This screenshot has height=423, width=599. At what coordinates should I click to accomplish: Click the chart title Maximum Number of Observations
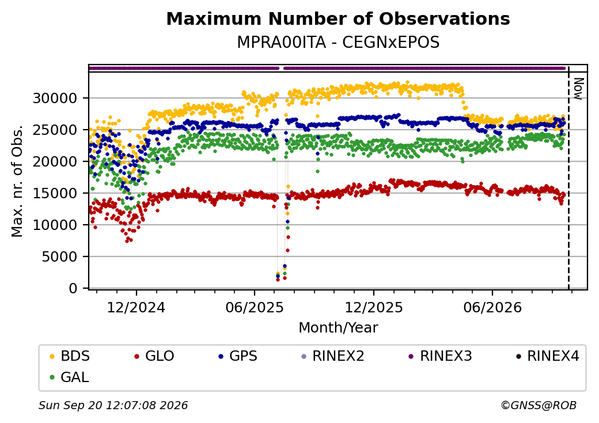pyautogui.click(x=338, y=18)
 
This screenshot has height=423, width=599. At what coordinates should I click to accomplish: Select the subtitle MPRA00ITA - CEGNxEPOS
pyautogui.click(x=338, y=42)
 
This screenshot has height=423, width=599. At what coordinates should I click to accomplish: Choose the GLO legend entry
pyautogui.click(x=154, y=356)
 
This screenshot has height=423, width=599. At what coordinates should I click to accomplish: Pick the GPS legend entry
pyautogui.click(x=238, y=356)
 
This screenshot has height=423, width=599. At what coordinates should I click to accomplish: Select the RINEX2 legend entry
pyautogui.click(x=333, y=356)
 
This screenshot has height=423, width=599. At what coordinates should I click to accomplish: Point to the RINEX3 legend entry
pyautogui.click(x=440, y=356)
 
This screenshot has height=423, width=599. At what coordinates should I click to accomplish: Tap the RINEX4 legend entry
pyautogui.click(x=547, y=356)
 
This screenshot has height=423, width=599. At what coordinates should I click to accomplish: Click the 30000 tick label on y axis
pyautogui.click(x=55, y=98)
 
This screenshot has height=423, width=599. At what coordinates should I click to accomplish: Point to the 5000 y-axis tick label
pyautogui.click(x=59, y=256)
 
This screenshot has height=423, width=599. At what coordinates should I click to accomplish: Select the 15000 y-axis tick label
pyautogui.click(x=55, y=194)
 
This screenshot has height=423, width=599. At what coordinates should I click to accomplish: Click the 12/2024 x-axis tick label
pyautogui.click(x=136, y=307)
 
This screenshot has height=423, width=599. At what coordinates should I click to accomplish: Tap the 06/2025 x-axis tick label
pyautogui.click(x=255, y=307)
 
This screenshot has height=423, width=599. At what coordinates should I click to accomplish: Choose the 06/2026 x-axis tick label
pyautogui.click(x=492, y=307)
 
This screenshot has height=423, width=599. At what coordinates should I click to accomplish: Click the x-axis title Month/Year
pyautogui.click(x=338, y=327)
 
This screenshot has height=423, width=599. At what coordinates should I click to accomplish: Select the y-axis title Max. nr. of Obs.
pyautogui.click(x=17, y=181)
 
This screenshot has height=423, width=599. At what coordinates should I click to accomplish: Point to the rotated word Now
pyautogui.click(x=579, y=89)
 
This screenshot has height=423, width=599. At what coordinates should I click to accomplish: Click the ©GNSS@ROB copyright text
pyautogui.click(x=539, y=405)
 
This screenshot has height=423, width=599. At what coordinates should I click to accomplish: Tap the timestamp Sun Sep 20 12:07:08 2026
pyautogui.click(x=113, y=405)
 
